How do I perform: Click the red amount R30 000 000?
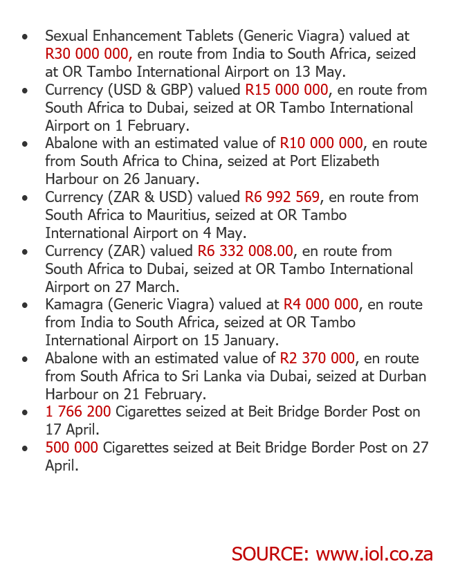(89, 54)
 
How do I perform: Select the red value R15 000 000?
(286, 90)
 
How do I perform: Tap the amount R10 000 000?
(321, 143)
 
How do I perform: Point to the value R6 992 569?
(282, 197)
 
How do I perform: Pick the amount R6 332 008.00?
(246, 251)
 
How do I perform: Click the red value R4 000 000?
(321, 304)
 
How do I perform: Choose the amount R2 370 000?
(318, 358)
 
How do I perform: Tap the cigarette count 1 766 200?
(78, 412)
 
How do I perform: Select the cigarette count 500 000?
(72, 448)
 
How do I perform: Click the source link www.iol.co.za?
(374, 554)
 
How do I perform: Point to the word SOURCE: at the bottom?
(271, 554)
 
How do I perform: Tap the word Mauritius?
(185, 215)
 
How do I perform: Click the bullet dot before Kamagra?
(26, 305)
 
